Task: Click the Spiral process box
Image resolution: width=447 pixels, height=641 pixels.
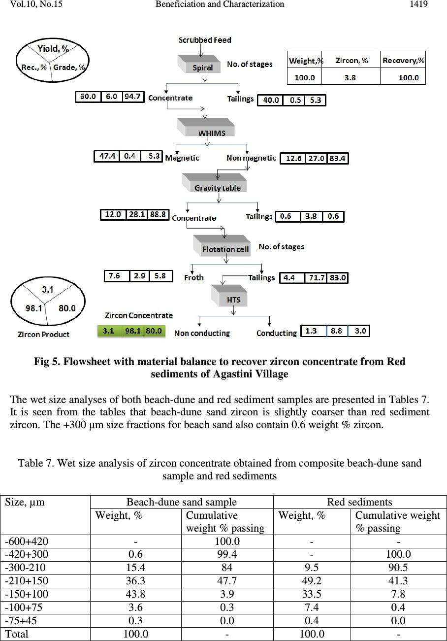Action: [199, 64]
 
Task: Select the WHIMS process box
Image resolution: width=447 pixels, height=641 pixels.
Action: [206, 128]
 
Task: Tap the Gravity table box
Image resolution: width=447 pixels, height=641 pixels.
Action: [215, 183]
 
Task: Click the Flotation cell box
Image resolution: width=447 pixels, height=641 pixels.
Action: [222, 245]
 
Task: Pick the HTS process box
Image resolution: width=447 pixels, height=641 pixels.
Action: [229, 296]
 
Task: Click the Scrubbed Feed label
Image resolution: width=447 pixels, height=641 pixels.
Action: [205, 40]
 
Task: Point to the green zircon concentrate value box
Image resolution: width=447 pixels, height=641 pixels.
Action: [131, 331]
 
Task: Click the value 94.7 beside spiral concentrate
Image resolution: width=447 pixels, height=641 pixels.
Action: [132, 97]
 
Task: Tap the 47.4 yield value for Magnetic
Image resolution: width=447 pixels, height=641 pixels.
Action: [107, 156]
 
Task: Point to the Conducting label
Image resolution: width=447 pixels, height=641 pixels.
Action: [277, 333]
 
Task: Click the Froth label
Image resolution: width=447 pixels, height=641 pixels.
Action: [194, 277]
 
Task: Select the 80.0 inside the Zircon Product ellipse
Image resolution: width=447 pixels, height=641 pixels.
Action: [67, 308]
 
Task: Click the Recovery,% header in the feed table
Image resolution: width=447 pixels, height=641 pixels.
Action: [403, 61]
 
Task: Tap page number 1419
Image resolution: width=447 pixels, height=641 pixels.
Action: [418, 4]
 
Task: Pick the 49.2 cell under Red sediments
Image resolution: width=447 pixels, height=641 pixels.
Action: [312, 580]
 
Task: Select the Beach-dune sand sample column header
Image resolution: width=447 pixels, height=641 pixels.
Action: [182, 502]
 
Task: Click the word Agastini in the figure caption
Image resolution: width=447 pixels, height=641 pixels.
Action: [232, 374]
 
